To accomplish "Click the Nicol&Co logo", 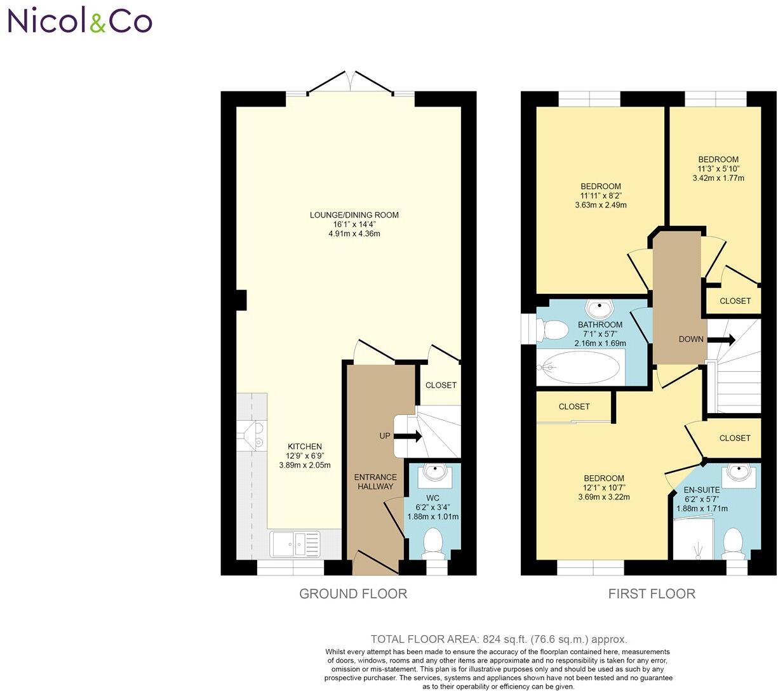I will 80,21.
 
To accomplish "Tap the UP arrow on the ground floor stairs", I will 408,437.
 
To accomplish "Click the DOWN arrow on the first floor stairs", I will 723,340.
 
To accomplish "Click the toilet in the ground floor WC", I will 433,543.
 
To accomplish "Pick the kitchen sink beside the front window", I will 295,544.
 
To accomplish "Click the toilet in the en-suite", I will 734,543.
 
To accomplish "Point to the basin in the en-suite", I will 740,473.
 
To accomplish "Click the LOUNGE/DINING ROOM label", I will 354,215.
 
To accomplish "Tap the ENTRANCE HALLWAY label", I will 375,482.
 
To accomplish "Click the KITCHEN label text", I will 305,446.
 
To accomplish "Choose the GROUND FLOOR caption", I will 353,594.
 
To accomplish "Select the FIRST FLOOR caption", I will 652,594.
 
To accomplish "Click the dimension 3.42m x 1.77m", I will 718,178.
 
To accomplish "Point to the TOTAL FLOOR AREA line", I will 499,639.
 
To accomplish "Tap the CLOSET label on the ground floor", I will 441,385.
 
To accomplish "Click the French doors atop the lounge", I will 350,82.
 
